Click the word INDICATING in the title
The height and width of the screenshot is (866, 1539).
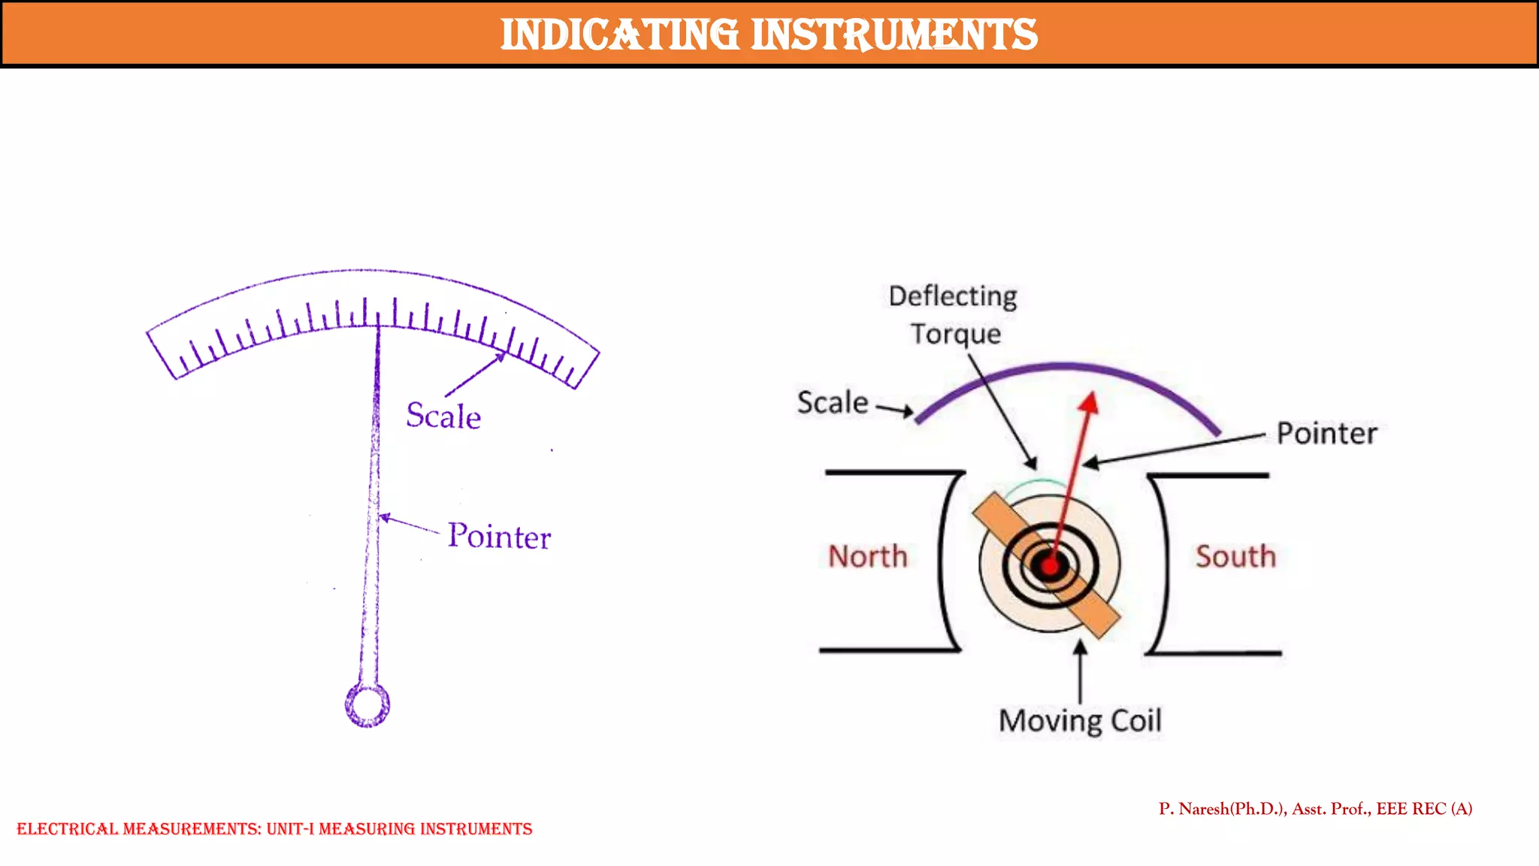click(619, 35)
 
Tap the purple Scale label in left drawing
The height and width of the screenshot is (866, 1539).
click(443, 416)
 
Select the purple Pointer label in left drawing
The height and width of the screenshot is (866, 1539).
click(499, 537)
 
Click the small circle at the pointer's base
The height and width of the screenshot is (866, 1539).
click(367, 705)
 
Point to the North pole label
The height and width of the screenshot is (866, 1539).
click(868, 557)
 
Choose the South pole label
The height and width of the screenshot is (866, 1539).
click(1235, 557)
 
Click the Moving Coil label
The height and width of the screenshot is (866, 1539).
click(1080, 721)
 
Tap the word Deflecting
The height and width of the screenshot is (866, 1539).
click(953, 296)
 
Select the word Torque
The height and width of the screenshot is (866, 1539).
click(956, 334)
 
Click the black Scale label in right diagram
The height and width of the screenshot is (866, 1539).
click(833, 403)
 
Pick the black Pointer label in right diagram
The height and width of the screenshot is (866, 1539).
click(1327, 434)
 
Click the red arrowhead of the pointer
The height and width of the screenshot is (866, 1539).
click(1089, 404)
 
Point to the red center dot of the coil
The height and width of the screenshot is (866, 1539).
click(1050, 565)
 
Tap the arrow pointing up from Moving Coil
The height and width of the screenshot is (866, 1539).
click(1081, 669)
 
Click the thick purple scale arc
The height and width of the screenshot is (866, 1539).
click(1064, 368)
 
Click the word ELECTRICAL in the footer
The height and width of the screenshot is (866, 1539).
click(67, 829)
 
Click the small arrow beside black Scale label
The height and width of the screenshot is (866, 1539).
click(895, 409)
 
